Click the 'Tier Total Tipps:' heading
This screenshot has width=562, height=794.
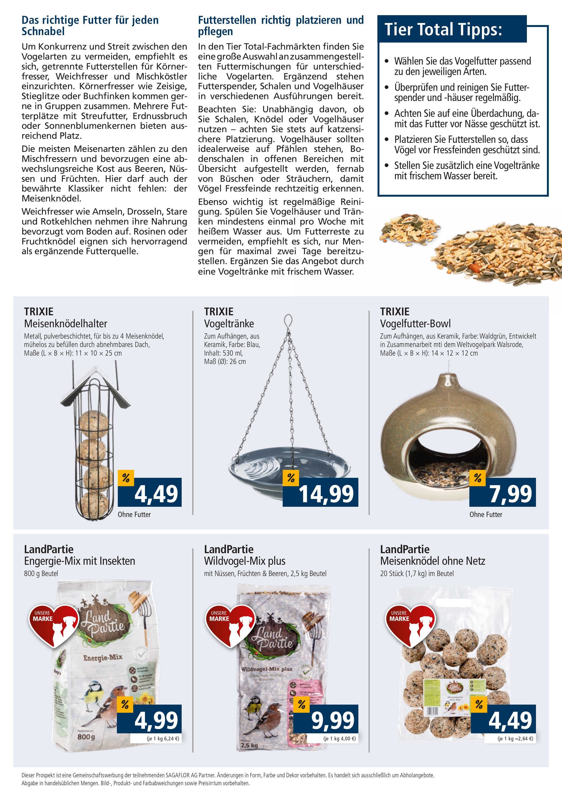coord(443,29)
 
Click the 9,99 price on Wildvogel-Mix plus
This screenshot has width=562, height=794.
coord(332,720)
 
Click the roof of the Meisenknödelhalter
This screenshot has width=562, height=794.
coord(95,390)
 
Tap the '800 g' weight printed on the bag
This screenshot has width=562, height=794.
coord(86,737)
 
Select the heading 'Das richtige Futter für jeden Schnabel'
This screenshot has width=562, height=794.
coord(90,26)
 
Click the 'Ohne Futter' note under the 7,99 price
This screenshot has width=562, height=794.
coord(485,514)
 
